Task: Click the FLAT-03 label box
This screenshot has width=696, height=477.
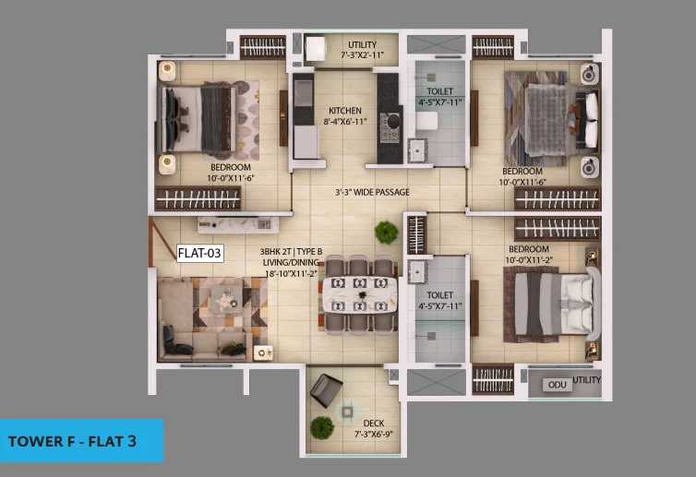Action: tap(199, 254)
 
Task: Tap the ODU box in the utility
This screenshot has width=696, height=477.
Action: tap(557, 385)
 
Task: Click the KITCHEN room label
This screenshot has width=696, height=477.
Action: tap(345, 111)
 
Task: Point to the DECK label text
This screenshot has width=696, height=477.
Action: tap(374, 423)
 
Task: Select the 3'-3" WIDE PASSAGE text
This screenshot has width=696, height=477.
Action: tap(372, 192)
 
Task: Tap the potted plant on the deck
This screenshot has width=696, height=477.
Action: tap(322, 428)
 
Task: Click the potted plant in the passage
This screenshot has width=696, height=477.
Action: tap(386, 233)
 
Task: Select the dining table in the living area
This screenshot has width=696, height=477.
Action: tap(359, 294)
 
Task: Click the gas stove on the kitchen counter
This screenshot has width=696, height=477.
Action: tap(390, 127)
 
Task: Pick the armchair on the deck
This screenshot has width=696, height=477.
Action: tap(326, 390)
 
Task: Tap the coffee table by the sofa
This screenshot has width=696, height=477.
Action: tap(227, 300)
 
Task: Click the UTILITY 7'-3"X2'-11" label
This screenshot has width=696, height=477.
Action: tap(362, 50)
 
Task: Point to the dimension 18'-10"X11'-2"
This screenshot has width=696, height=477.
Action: tap(291, 273)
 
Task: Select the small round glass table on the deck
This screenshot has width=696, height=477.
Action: tap(347, 412)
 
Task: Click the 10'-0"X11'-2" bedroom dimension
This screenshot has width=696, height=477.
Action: tap(529, 260)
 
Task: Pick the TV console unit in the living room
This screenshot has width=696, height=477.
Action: tap(238, 224)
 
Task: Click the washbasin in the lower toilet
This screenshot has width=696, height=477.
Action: tap(417, 272)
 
